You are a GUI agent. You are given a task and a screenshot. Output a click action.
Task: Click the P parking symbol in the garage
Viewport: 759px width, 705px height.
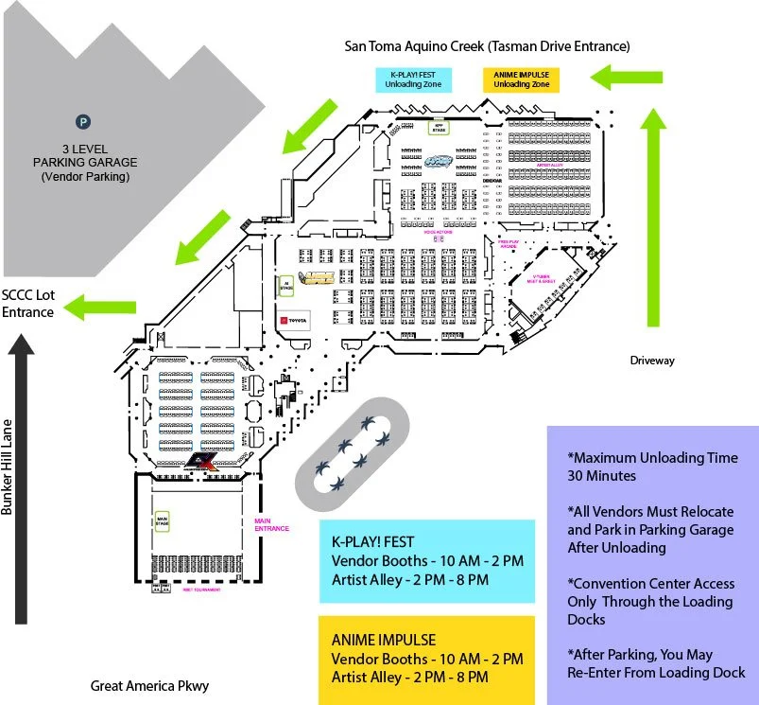[83, 121]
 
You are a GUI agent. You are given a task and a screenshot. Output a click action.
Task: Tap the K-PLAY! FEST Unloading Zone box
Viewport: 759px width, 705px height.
[413, 79]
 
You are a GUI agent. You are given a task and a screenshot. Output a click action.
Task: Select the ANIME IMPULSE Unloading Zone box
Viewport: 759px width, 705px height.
[521, 79]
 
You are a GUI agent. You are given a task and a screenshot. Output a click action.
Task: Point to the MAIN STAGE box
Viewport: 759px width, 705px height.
[162, 520]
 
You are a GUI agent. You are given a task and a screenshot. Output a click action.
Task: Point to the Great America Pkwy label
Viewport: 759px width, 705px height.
[148, 685]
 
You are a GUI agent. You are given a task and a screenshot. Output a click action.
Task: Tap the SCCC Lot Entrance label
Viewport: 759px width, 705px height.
[28, 303]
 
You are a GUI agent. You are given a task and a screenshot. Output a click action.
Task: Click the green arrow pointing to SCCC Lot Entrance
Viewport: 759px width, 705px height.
[105, 306]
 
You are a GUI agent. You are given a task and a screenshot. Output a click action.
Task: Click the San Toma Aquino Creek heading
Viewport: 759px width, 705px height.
[487, 45]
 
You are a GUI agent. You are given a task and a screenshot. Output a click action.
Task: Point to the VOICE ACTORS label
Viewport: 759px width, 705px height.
[439, 231]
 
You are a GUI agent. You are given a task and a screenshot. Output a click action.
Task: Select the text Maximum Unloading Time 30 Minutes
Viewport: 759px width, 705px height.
[652, 467]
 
